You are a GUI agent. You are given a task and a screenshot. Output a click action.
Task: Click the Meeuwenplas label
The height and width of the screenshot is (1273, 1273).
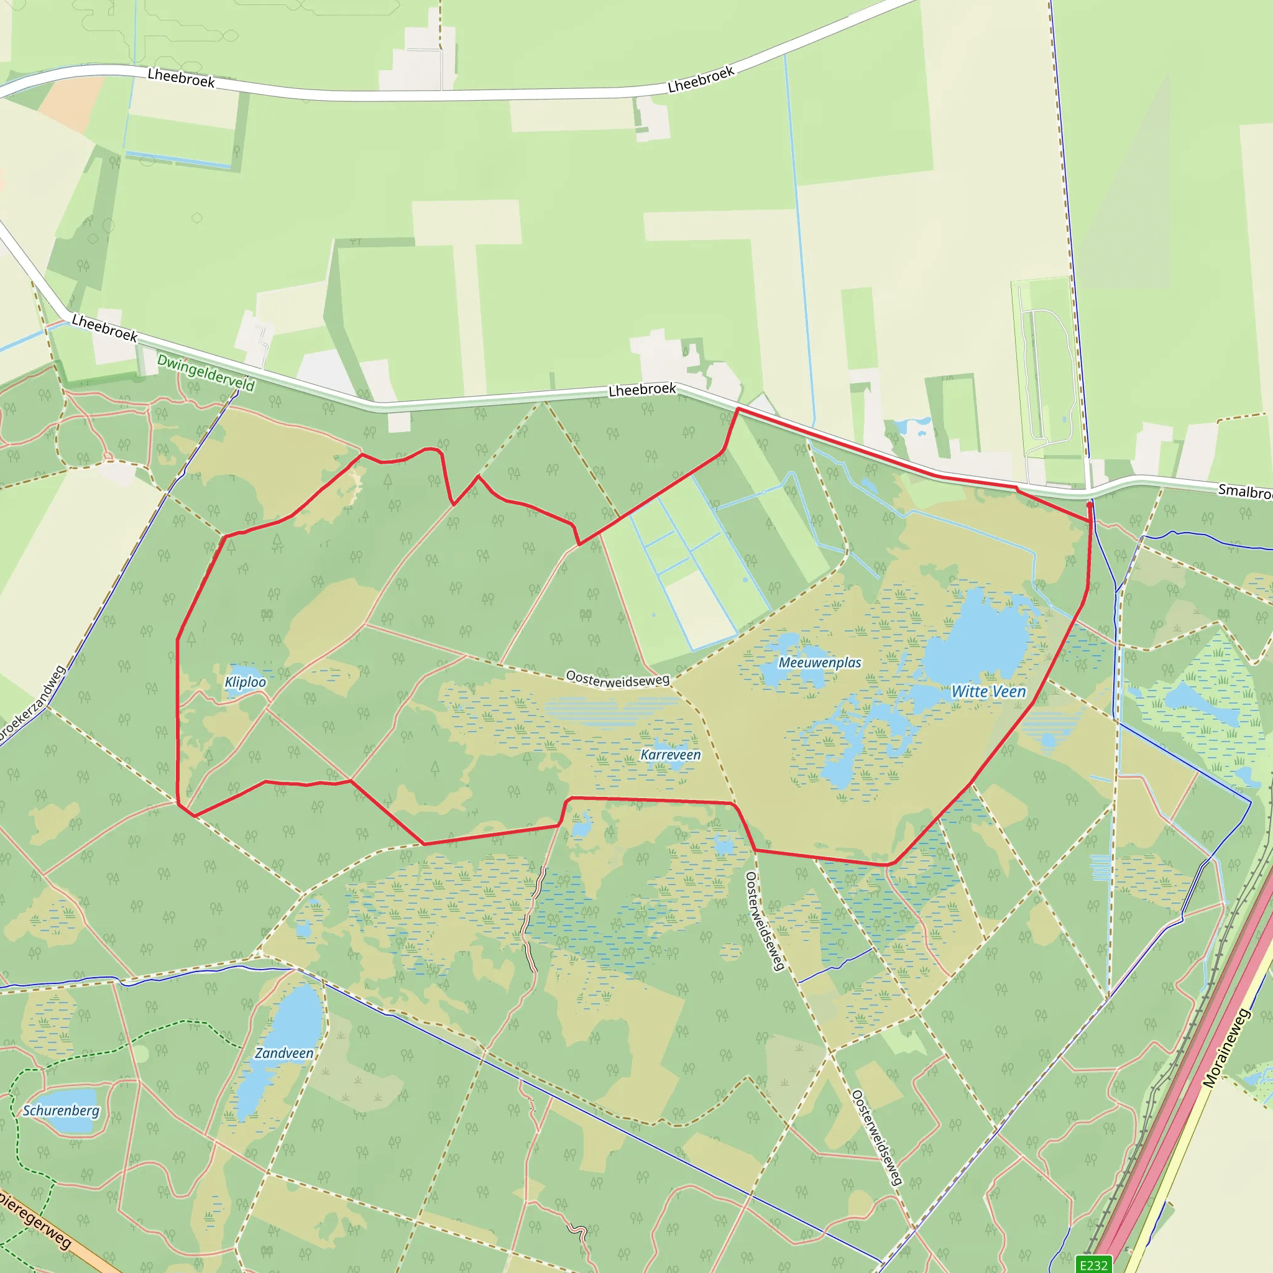(x=820, y=663)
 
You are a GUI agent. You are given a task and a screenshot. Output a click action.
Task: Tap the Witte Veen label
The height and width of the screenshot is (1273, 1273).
(x=988, y=692)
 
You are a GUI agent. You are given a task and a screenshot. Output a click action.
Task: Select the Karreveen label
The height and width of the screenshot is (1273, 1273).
(x=671, y=755)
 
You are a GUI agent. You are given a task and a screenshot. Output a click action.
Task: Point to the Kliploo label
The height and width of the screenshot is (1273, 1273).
(x=245, y=682)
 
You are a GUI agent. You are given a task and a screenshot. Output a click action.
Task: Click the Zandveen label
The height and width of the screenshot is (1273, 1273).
(x=284, y=1053)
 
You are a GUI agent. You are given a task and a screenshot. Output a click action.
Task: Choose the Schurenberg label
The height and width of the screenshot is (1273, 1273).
(x=62, y=1111)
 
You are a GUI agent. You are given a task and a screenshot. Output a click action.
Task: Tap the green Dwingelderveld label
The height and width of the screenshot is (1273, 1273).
(x=206, y=373)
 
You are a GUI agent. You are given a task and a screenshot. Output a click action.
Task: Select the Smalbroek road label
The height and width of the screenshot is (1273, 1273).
(x=1244, y=492)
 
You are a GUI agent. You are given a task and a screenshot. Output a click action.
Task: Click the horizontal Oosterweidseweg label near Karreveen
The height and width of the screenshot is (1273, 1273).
(x=617, y=679)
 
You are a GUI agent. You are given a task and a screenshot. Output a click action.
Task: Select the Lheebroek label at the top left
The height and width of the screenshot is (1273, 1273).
(x=182, y=78)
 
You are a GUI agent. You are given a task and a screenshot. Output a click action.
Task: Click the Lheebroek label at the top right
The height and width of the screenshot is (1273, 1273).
(x=701, y=80)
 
